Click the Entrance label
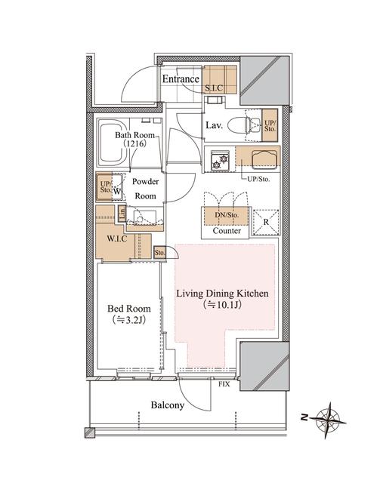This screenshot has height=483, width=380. point(181,79)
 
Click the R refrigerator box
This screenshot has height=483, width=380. point(266,222)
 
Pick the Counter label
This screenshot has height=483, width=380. point(227,231)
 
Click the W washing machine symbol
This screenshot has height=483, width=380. point(118,190)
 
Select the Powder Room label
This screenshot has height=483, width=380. point(145,189)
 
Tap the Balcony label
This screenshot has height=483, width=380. point(167,405)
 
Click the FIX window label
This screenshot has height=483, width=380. point(224,385)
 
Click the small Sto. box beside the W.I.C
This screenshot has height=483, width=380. point(159,253)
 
